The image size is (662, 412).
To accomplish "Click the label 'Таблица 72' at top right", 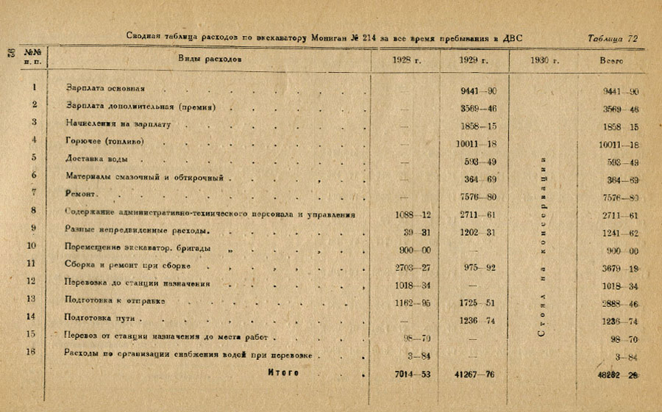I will pos(613,37).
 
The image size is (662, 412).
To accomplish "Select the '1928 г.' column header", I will pos(407,60).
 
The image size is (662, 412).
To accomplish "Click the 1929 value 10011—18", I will pos(476,145).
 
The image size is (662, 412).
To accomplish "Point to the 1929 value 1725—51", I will pos(476,303).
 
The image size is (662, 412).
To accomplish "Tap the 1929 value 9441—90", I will pos(476,92).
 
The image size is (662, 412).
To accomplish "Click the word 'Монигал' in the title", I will pos(334,37).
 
